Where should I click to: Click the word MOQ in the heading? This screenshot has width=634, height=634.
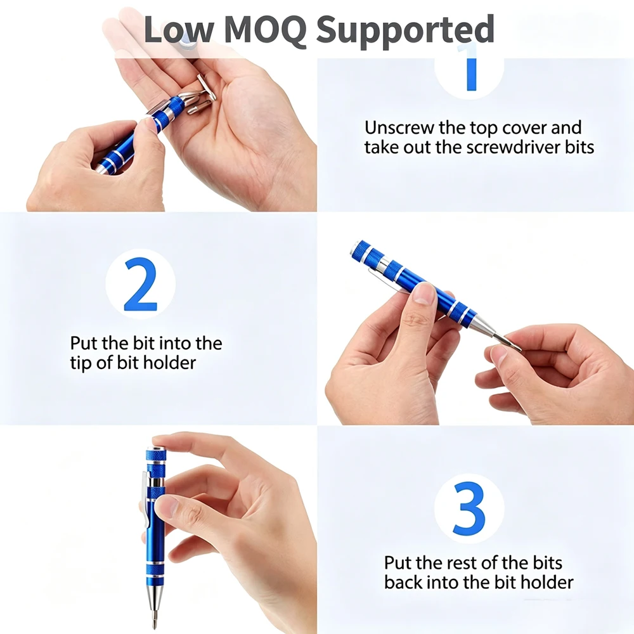(264, 29)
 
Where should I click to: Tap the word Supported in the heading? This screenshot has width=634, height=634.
(404, 30)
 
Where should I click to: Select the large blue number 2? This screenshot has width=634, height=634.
(140, 284)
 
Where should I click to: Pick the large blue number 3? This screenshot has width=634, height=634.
(469, 508)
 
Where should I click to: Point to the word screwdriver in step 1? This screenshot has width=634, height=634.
(513, 147)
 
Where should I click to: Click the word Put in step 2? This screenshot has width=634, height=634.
(84, 343)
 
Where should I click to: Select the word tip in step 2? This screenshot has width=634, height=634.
(81, 363)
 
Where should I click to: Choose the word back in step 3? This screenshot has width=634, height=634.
(403, 582)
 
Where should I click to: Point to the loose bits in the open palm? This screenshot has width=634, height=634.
(200, 95)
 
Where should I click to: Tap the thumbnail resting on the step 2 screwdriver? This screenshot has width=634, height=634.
(423, 294)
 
